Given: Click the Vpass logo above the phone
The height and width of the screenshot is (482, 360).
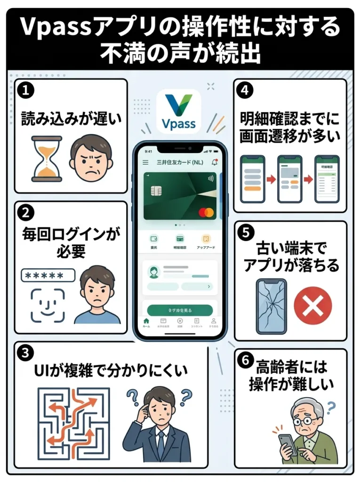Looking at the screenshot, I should pyautogui.click(x=178, y=112).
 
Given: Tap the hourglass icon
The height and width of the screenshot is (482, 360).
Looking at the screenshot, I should pyautogui.click(x=47, y=159).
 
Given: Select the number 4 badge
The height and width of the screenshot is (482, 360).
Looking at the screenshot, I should pyautogui.click(x=245, y=90).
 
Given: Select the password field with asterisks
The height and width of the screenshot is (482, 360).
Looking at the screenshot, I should pyautogui.click(x=48, y=275).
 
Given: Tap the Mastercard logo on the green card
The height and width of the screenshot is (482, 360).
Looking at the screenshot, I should pyautogui.click(x=206, y=212).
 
